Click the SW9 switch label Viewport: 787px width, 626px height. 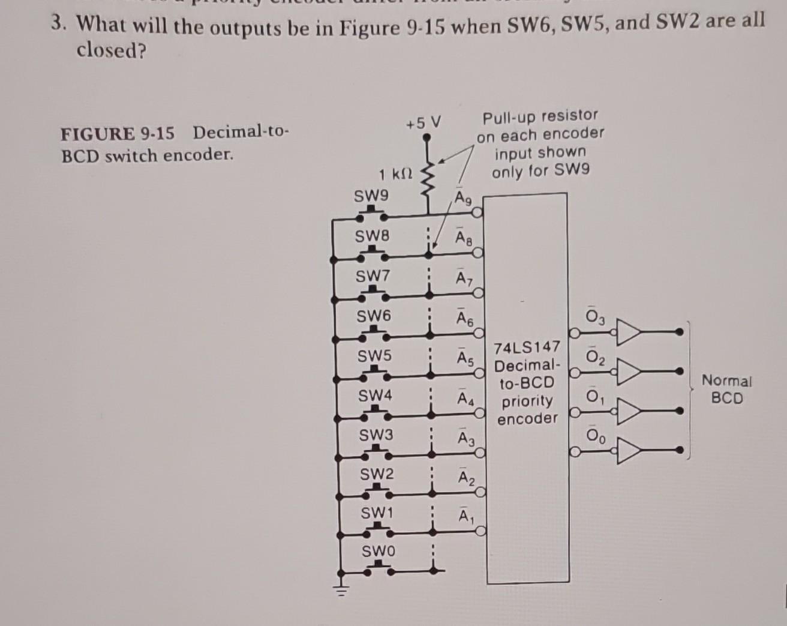[371, 196]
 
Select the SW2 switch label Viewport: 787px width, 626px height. [377, 474]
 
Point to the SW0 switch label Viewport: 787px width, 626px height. [378, 550]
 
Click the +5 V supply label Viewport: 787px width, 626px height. [423, 123]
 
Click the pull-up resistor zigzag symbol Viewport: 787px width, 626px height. [428, 178]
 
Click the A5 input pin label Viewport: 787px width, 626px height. [465, 357]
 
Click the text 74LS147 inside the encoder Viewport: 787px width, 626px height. [527, 347]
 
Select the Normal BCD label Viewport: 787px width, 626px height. [726, 389]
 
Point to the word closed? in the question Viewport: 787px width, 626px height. [112, 51]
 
